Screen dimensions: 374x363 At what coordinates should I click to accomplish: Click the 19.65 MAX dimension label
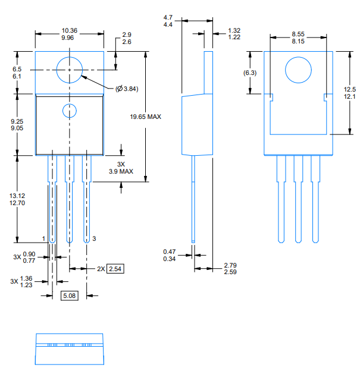[x=146, y=117]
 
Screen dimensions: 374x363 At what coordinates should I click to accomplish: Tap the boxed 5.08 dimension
[x=70, y=296]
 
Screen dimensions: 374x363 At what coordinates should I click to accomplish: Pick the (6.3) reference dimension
[x=251, y=73]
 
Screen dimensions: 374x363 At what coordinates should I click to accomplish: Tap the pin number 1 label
[x=44, y=238]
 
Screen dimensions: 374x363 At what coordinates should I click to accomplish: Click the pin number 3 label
[x=94, y=238]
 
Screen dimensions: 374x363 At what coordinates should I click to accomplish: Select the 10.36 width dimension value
[x=69, y=30]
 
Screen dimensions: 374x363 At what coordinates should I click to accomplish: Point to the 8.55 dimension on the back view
[x=299, y=34]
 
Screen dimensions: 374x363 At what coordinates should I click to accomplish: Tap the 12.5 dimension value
[x=350, y=89]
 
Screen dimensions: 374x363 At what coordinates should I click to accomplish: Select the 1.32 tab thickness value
[x=234, y=30]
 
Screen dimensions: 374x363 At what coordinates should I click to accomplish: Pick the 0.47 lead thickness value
[x=169, y=252]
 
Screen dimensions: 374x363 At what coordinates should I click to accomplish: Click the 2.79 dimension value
[x=231, y=265]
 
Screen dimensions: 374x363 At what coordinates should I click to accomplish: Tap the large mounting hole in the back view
[x=298, y=71]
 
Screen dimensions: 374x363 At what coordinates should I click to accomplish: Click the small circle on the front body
[x=70, y=111]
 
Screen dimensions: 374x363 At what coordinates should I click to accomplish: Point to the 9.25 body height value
[x=17, y=121]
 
